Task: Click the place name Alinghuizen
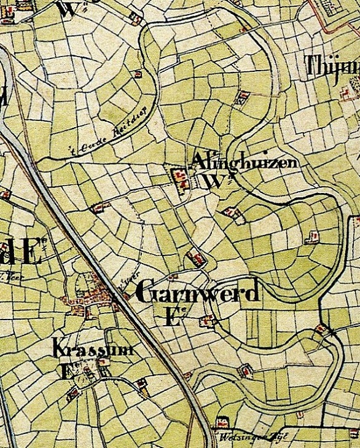coord(245,162)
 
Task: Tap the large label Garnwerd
coord(196,294)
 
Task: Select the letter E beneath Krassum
coord(64,370)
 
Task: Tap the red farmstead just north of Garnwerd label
coord(196,259)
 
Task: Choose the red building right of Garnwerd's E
coord(208,320)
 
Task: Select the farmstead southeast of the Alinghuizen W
coord(232,213)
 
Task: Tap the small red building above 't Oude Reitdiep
coord(138,74)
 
